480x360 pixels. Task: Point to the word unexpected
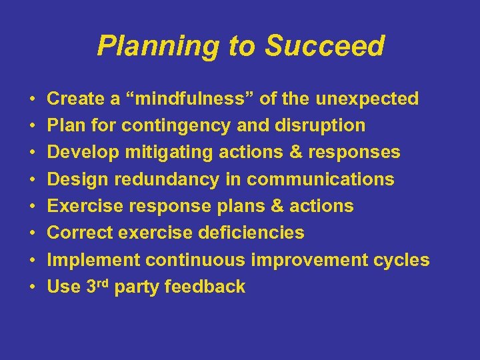(x=367, y=99)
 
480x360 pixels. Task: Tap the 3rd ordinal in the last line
(x=97, y=286)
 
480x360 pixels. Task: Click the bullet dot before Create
(x=33, y=99)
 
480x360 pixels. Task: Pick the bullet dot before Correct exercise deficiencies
(x=33, y=233)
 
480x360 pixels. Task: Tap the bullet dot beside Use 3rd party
(x=33, y=287)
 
